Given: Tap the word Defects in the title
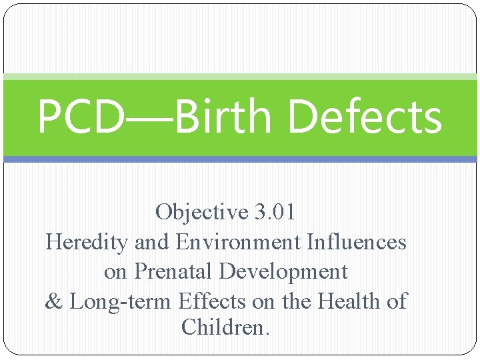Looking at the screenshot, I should click(x=365, y=117).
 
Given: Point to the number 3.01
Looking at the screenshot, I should click(x=275, y=212).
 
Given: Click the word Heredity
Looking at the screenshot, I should click(x=86, y=241).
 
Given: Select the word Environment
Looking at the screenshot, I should click(x=238, y=241).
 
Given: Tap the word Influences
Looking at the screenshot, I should click(x=356, y=241).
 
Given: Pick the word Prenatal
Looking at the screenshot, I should click(x=175, y=271).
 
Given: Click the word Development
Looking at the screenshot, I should click(x=284, y=271).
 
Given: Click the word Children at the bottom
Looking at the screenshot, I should click(x=225, y=327).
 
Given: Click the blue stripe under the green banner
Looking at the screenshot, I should click(x=240, y=159).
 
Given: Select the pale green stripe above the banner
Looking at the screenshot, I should click(x=240, y=77).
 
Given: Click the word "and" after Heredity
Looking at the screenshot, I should click(x=150, y=241).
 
